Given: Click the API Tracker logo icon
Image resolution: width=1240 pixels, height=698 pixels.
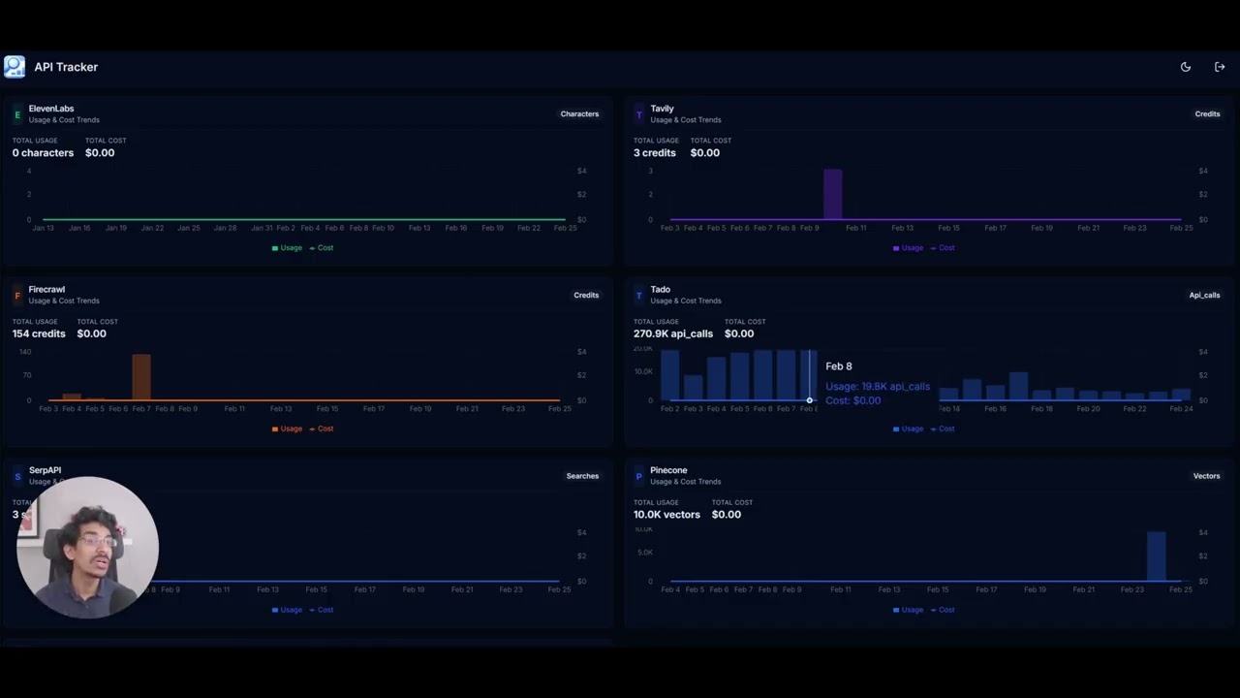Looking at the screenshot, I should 15,67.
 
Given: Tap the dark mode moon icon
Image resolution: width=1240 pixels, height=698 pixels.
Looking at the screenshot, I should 1185,67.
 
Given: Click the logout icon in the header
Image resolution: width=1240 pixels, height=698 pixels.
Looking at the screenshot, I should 1220,67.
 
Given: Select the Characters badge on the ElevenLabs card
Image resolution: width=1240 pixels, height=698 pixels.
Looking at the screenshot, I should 579,114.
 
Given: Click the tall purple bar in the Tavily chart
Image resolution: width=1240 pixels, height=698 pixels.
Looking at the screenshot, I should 832,194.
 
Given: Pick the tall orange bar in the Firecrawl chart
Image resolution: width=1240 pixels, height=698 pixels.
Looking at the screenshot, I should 141,377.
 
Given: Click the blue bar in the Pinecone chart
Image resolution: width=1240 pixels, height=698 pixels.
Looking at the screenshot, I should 1156,555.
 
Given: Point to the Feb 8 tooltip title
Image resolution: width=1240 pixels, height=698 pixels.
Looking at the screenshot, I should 839,366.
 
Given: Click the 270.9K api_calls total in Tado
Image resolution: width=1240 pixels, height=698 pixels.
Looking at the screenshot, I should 673,333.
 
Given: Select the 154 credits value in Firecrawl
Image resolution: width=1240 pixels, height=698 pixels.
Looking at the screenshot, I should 39,333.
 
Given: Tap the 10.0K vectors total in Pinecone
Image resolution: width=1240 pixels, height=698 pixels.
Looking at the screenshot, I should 666,515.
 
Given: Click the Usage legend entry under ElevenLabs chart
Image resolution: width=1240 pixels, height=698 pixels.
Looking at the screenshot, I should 287,248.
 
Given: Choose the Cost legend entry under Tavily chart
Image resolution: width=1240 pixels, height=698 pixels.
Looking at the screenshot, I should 942,248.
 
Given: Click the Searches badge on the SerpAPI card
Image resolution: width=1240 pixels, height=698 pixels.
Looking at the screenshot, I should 582,476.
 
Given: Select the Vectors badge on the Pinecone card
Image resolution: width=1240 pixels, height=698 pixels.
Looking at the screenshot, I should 1206,476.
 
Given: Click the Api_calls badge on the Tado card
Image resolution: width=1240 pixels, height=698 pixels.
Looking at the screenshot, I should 1204,296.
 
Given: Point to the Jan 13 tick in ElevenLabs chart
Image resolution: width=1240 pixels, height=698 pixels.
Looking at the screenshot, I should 43,228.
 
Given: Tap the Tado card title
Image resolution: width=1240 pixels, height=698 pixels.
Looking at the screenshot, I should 660,290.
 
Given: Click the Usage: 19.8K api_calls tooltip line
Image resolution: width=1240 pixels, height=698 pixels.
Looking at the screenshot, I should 878,387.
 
